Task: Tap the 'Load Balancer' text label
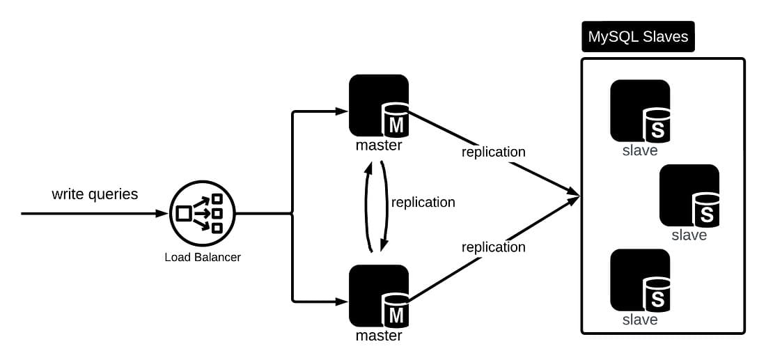(203, 257)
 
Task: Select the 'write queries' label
(95, 194)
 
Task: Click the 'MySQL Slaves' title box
(638, 37)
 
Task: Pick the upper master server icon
(379, 105)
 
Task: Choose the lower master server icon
(379, 295)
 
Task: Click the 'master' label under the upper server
(379, 146)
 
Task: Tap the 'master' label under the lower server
(379, 336)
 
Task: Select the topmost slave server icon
(640, 111)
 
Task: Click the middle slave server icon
(689, 195)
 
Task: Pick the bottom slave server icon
(640, 280)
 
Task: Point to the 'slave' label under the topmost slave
(640, 150)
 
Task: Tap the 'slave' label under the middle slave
(689, 235)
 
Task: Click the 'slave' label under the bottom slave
(640, 320)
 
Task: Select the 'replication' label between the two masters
(423, 203)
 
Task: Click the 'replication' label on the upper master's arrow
(494, 152)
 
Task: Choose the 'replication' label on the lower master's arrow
(494, 247)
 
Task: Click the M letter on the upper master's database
(396, 126)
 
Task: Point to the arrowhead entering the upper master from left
(343, 111)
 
